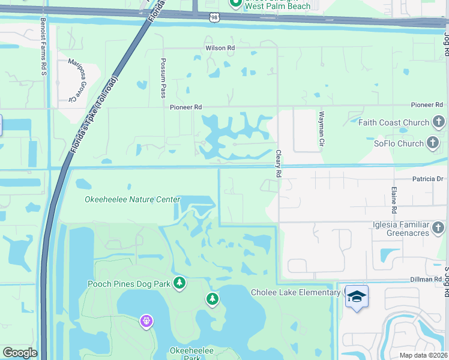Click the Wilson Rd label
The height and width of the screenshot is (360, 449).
pyautogui.click(x=220, y=47)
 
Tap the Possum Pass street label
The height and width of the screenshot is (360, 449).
pyautogui.click(x=163, y=78)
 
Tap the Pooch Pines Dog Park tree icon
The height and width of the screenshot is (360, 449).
pyautogui.click(x=179, y=283)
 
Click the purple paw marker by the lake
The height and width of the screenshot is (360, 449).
pyautogui.click(x=146, y=322)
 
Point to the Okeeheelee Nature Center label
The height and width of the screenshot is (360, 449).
pyautogui.click(x=133, y=199)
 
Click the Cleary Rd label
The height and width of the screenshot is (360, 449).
pyautogui.click(x=279, y=163)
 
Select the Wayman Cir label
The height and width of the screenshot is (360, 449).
pyautogui.click(x=322, y=130)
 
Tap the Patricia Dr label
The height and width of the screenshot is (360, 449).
pyautogui.click(x=427, y=178)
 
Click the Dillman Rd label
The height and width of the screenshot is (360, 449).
pyautogui.click(x=427, y=279)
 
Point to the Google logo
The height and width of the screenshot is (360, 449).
pyautogui.click(x=19, y=353)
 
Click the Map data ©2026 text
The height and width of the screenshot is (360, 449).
pyautogui.click(x=424, y=355)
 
